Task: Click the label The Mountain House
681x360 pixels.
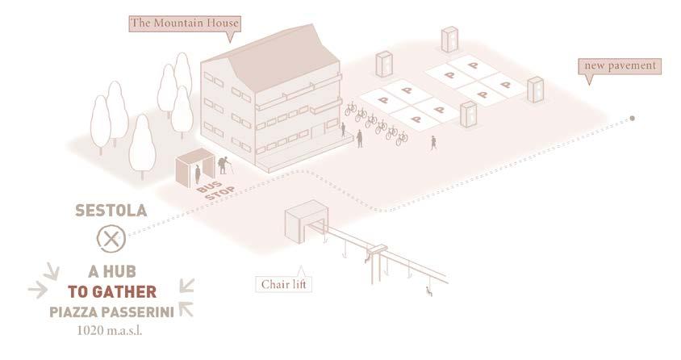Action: [183, 23]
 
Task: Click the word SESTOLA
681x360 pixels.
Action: [111, 211]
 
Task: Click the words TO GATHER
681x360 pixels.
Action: [111, 292]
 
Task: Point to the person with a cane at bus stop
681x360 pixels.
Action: [225, 166]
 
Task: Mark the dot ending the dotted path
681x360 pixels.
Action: [633, 119]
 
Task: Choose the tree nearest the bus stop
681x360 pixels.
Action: [142, 145]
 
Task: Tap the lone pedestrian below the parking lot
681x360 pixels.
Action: [433, 142]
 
